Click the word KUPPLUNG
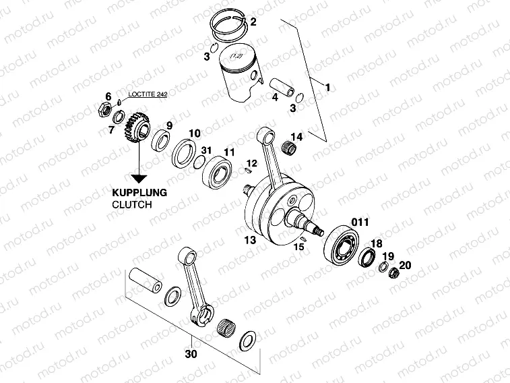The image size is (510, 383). click(x=139, y=191)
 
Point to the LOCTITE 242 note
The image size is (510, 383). click(x=148, y=96)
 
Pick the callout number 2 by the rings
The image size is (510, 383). click(x=253, y=22)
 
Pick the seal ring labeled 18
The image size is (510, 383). click(x=368, y=258)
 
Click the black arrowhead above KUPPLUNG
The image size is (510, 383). click(x=139, y=178)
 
